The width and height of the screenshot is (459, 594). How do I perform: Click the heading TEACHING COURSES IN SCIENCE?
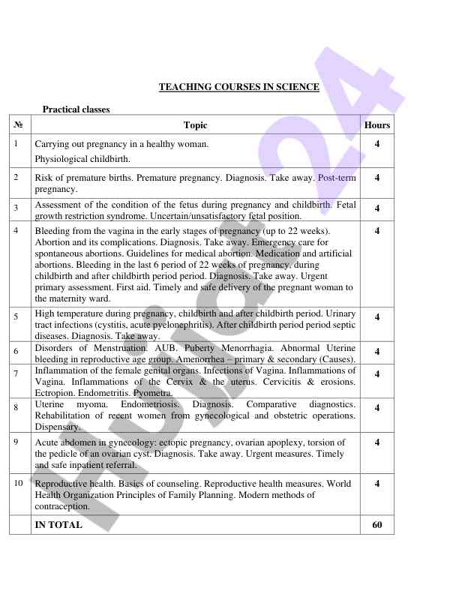point(239,87)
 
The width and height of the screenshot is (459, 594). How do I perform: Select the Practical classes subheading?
point(76,109)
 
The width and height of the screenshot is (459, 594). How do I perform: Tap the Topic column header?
point(195,125)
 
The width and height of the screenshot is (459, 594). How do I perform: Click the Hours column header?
point(377,125)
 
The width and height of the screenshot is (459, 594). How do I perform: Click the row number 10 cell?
point(19,483)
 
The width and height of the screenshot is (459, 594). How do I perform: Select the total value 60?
point(377,525)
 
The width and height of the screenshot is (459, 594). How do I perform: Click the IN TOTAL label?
point(58,525)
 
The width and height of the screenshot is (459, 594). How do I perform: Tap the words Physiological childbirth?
point(82,159)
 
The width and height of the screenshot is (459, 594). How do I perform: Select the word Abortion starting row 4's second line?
point(52,242)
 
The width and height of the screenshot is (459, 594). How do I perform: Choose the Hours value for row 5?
point(377,317)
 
